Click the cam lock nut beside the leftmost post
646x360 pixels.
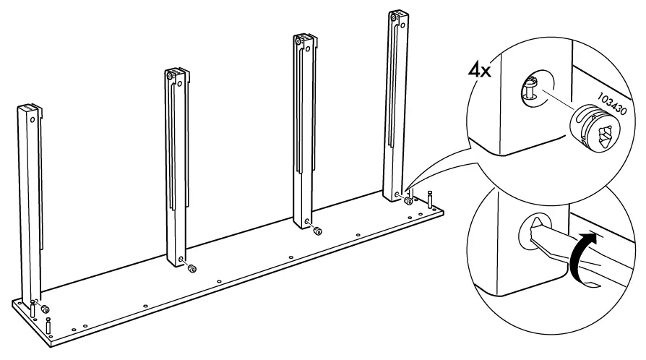click(46, 309)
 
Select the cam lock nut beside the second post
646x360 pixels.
click(192, 269)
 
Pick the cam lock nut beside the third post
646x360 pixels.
click(317, 231)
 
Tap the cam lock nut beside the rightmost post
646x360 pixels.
click(409, 201)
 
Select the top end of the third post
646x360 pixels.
click(303, 38)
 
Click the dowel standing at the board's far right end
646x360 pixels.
click(431, 197)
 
